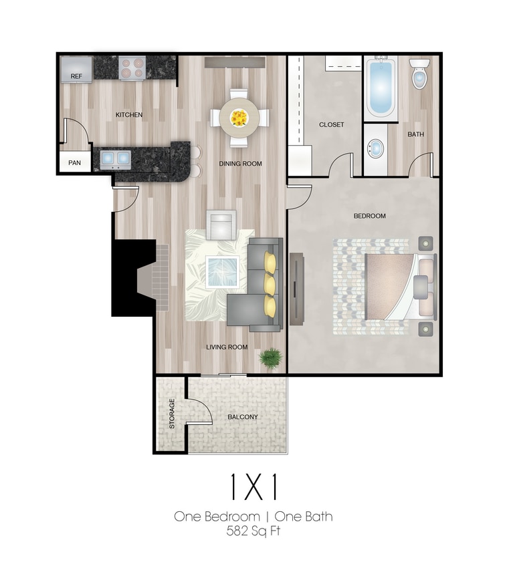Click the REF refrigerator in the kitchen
tap(76, 69)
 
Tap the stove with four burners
tap(132, 67)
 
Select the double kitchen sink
tap(115, 158)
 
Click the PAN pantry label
tap(74, 162)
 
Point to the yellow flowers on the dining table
tap(239, 118)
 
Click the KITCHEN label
tap(129, 115)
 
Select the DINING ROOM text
tap(240, 163)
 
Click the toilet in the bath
tap(419, 75)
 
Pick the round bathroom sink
tap(377, 148)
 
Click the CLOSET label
tap(331, 125)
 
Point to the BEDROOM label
tap(370, 216)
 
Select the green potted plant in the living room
tap(270, 358)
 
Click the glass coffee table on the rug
tap(222, 272)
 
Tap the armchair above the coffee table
tap(221, 225)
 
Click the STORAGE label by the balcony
tap(172, 414)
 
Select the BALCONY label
tap(242, 417)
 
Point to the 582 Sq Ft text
tap(253, 532)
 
